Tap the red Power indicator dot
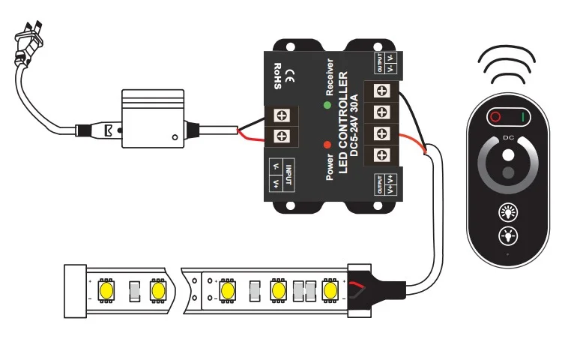327,145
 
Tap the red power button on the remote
495,118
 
